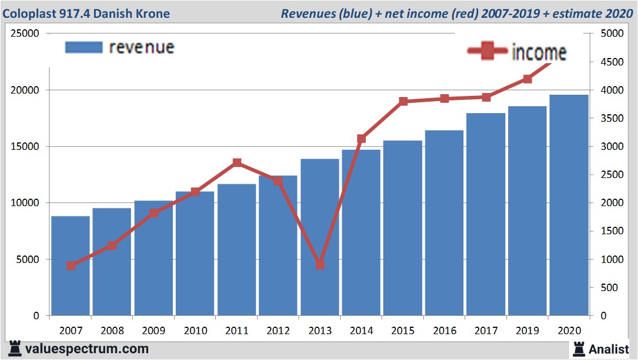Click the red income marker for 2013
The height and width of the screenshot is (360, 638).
click(x=320, y=265)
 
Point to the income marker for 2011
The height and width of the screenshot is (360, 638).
click(x=237, y=163)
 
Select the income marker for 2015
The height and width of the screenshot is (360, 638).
click(x=403, y=102)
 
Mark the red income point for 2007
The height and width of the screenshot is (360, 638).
click(x=71, y=265)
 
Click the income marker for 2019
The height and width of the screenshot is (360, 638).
click(x=527, y=79)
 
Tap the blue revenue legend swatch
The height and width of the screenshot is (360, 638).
click(x=84, y=47)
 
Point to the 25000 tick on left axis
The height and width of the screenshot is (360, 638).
click(x=26, y=34)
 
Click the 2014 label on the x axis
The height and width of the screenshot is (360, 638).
click(x=361, y=331)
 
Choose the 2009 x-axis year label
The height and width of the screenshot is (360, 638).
click(x=153, y=331)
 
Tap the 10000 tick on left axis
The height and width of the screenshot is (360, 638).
click(x=26, y=203)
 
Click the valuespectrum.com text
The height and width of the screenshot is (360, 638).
click(x=86, y=349)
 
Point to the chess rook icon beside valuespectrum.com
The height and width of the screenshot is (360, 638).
click(x=14, y=349)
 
